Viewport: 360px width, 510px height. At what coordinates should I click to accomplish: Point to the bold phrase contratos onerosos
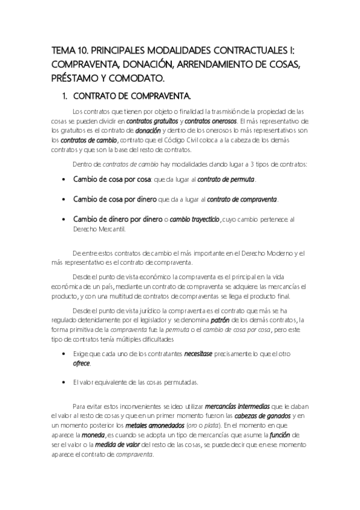[210, 120]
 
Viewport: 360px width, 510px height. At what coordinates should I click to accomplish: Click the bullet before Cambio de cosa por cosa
[64, 180]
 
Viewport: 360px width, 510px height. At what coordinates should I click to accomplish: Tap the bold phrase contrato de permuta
[227, 180]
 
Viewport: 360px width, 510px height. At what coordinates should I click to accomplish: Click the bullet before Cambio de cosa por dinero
[64, 199]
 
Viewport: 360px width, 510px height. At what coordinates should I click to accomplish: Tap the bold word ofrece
[81, 363]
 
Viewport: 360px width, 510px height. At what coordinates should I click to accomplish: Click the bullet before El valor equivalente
[64, 382]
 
